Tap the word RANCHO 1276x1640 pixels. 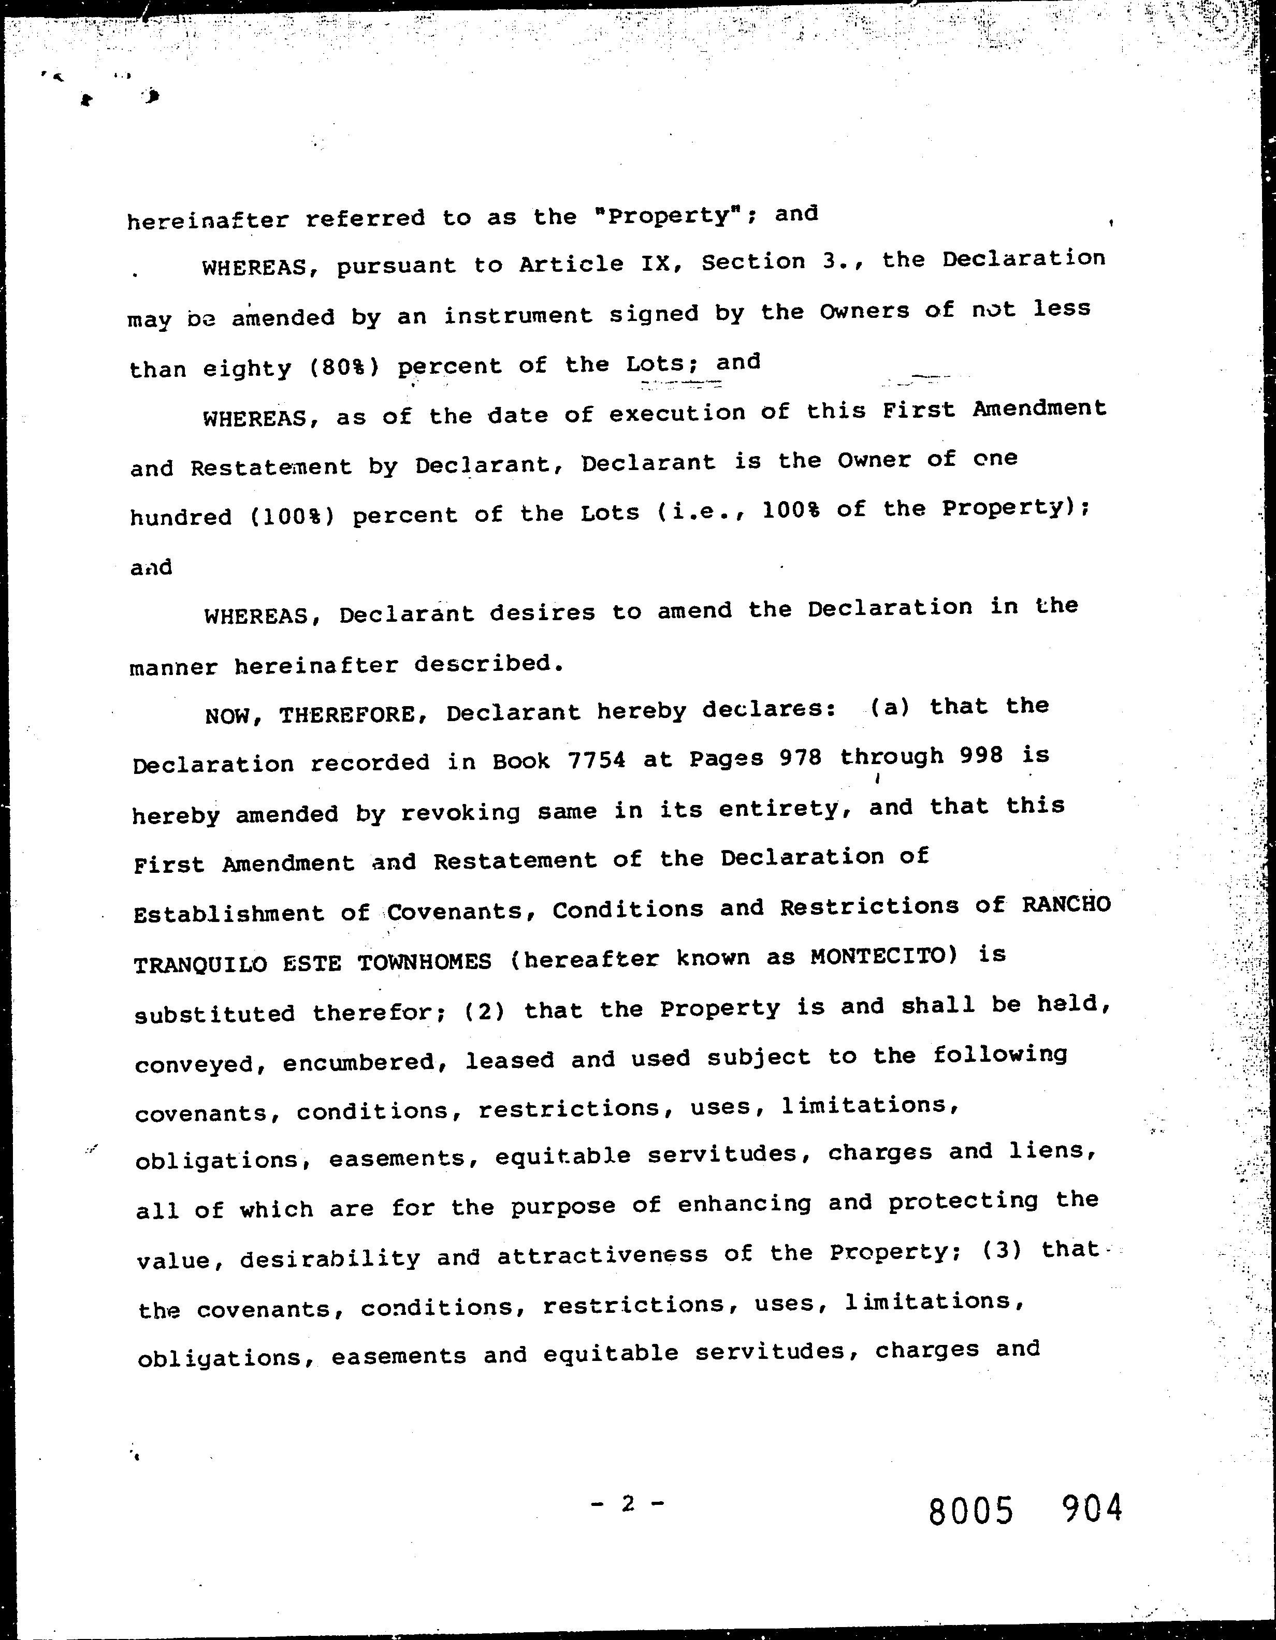coord(1066,904)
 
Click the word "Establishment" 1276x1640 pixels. coord(228,914)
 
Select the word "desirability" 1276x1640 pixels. coord(330,1258)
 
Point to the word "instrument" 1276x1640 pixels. coord(517,315)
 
